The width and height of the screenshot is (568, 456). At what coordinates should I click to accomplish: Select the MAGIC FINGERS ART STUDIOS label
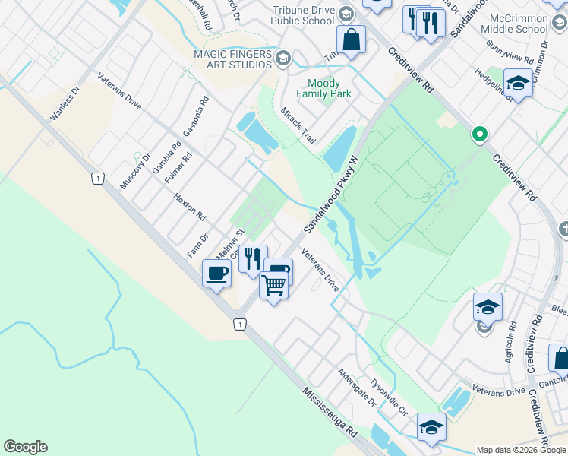232,60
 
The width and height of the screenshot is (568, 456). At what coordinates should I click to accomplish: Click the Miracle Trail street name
298,125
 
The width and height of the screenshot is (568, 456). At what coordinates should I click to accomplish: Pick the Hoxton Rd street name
190,205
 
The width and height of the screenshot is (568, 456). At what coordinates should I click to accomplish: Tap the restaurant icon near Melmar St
253,258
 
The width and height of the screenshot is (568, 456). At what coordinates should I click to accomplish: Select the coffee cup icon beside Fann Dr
216,273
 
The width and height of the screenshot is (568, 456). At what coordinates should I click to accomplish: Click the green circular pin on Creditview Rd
479,135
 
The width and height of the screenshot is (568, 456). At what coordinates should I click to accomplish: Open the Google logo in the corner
25,447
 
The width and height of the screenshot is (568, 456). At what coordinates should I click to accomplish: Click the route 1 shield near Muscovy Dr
96,178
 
